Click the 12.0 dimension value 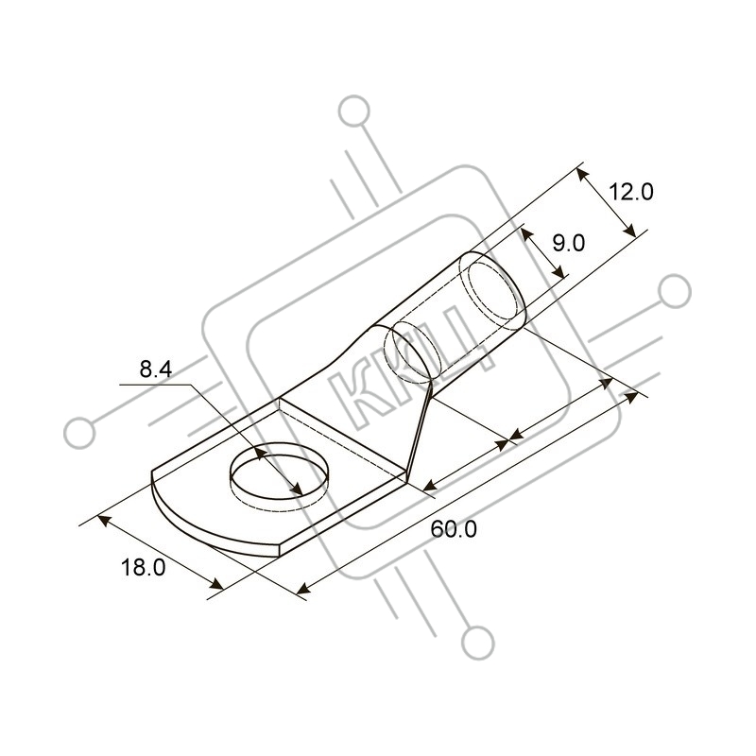(630, 193)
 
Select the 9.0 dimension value (569, 243)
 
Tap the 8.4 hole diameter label (156, 369)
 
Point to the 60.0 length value (454, 529)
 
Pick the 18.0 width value (143, 568)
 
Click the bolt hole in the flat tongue (279, 476)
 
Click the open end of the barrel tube (491, 290)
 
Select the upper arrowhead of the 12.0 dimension (583, 176)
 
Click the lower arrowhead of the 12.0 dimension (629, 230)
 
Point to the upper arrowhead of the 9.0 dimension (528, 235)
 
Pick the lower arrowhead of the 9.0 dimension (558, 271)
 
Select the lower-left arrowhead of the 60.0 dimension (302, 588)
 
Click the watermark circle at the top (354, 112)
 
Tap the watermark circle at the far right (675, 291)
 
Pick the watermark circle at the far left (79, 433)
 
